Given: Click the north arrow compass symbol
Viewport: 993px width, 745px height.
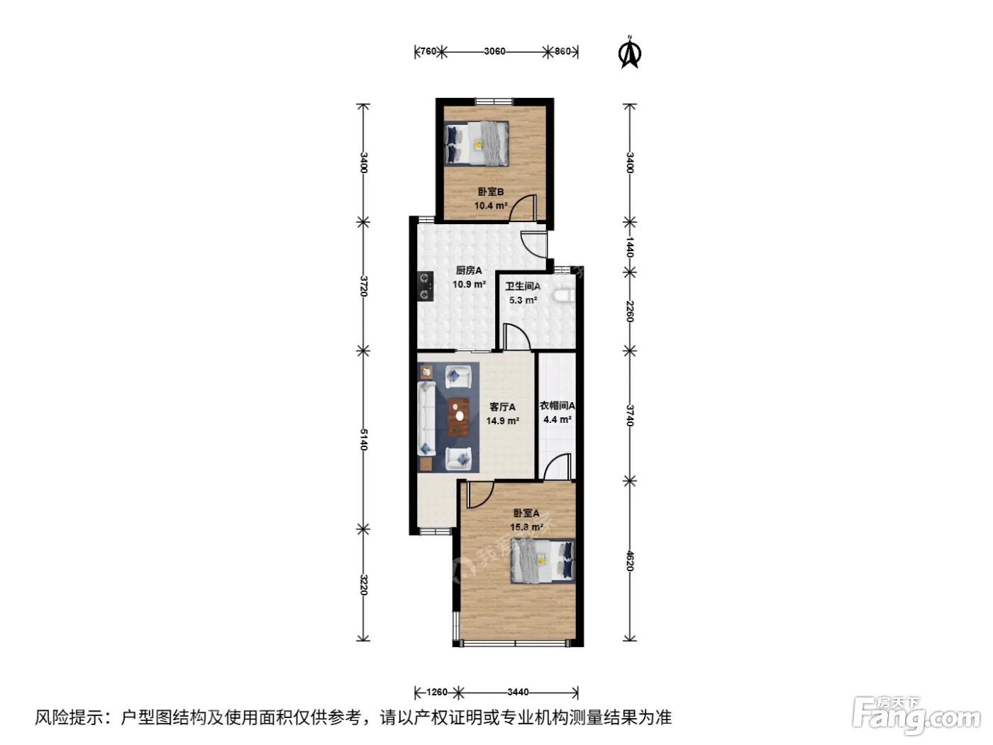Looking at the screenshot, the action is click(x=630, y=53).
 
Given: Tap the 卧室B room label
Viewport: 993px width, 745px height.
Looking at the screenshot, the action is click(x=491, y=192).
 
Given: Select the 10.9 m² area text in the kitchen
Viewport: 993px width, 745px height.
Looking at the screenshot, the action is click(x=469, y=285).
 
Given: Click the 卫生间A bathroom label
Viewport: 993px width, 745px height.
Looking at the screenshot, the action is click(x=523, y=287).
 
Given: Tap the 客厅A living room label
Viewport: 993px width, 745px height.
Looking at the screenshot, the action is click(x=502, y=407).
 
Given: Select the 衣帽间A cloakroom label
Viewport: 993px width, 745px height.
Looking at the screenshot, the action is click(x=557, y=406).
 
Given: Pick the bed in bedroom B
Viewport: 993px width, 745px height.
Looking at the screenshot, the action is click(x=476, y=143).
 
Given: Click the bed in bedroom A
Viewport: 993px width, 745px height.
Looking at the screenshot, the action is click(x=543, y=561).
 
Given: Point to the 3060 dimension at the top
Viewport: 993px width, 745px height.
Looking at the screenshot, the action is click(x=494, y=52).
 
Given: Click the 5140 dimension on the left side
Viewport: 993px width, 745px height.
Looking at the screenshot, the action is click(x=363, y=440).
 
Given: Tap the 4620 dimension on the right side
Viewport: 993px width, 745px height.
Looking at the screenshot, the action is click(x=630, y=561).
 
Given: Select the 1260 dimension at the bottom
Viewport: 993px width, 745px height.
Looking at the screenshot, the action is click(x=436, y=692).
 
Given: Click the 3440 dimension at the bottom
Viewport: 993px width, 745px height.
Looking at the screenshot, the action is click(x=518, y=692).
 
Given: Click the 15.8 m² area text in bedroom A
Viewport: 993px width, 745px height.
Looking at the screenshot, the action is click(x=526, y=527).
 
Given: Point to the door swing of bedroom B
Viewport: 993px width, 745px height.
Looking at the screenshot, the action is click(x=523, y=208).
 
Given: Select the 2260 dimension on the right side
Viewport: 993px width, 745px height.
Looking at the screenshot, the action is click(x=630, y=311).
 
